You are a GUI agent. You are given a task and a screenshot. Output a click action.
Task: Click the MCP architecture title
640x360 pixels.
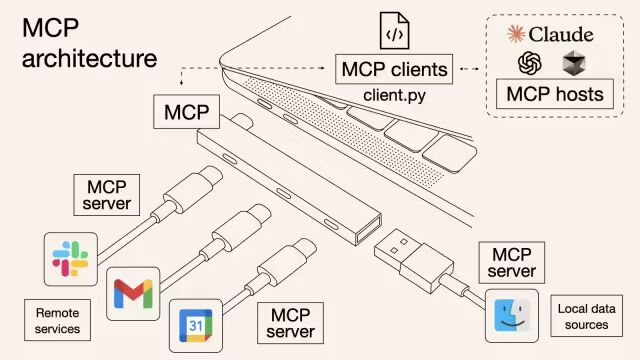[88, 42]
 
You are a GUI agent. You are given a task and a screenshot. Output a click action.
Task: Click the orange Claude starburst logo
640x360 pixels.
[516, 34]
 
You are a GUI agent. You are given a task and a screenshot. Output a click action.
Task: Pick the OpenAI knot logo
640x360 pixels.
[530, 64]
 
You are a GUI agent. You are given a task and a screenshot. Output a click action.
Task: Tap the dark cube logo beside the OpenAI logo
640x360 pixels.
[575, 64]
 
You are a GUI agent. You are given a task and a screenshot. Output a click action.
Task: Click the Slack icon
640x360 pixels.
[69, 257]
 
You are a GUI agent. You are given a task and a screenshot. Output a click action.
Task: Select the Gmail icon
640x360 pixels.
[132, 294]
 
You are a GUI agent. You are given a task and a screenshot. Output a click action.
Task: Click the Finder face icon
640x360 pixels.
[516, 317]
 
